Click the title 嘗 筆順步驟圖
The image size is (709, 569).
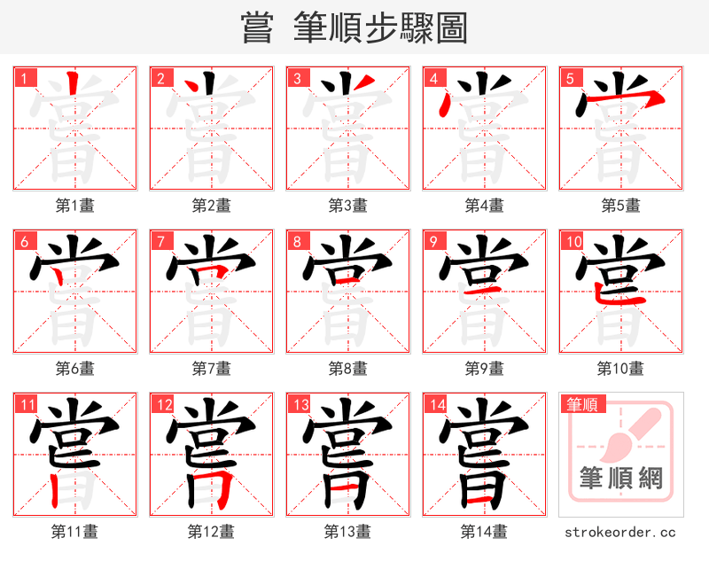[354, 27]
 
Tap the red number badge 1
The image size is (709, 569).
[23, 78]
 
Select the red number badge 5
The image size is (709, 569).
[569, 78]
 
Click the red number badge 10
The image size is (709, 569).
[573, 241]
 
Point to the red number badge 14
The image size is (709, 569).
[436, 405]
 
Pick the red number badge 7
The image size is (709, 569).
[160, 241]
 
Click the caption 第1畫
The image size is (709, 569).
[74, 206]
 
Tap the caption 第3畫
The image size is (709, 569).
[347, 206]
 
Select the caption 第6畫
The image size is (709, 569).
[74, 368]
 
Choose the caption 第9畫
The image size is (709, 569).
[484, 368]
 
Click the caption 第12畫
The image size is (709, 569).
[211, 532]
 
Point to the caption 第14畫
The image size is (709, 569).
[484, 532]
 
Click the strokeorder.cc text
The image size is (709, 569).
[620, 533]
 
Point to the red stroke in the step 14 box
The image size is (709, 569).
[479, 503]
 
